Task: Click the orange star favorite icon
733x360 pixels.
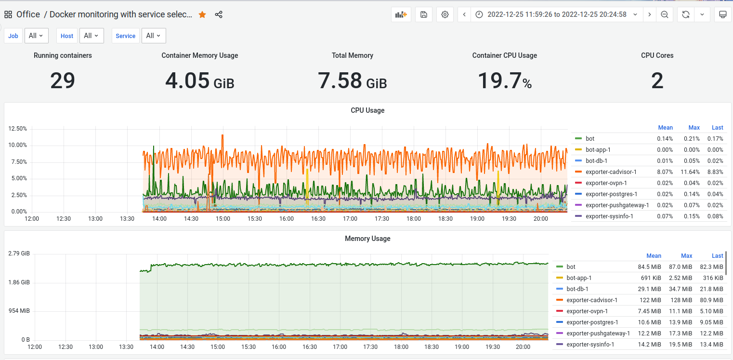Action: point(202,14)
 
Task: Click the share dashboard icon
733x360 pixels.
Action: point(219,14)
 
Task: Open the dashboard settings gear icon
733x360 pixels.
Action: point(445,14)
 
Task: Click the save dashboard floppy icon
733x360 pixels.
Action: point(424,14)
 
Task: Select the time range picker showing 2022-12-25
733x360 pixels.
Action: point(557,14)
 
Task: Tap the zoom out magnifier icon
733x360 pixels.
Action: point(664,14)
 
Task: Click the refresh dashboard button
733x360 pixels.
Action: point(685,14)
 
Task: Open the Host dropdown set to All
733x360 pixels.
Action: point(91,36)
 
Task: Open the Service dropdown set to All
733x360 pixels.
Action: point(154,36)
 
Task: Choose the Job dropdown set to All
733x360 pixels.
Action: point(36,36)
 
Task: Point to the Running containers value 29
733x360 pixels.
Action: point(63,80)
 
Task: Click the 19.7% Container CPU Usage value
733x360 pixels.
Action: point(504,80)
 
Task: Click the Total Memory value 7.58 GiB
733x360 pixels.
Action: point(352,80)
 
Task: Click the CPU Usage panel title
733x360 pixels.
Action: point(367,110)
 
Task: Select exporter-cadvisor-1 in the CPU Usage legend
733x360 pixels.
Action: point(611,172)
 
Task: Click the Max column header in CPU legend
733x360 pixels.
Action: point(694,128)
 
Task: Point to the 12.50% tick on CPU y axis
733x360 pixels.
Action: point(18,129)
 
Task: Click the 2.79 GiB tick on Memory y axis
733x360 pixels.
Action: point(19,253)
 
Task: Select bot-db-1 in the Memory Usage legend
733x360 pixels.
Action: point(577,289)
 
